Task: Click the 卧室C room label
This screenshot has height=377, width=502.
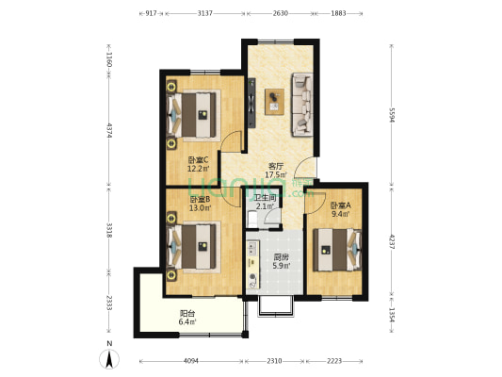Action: click(198, 159)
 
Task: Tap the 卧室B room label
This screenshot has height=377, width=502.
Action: click(200, 199)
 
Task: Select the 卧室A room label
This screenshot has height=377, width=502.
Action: click(340, 205)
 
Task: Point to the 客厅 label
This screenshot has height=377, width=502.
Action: click(276, 166)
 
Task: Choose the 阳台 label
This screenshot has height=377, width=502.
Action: click(187, 313)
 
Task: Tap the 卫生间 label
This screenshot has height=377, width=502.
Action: click(265, 198)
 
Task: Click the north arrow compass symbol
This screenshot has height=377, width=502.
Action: click(109, 359)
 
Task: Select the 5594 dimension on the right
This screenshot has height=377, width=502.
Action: click(392, 115)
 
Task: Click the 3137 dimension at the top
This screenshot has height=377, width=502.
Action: click(204, 13)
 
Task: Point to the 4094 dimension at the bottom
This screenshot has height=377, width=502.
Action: click(191, 361)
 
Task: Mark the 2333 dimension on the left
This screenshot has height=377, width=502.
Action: click(109, 303)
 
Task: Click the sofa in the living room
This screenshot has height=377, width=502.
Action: click(302, 105)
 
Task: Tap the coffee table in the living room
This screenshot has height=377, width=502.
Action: click(274, 102)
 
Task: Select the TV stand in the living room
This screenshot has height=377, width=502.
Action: click(251, 103)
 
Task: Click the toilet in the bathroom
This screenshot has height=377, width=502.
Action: click(252, 219)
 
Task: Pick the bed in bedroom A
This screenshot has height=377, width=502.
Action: click(337, 250)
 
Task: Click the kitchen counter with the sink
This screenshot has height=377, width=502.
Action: click(253, 265)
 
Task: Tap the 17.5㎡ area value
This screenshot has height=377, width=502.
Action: click(276, 175)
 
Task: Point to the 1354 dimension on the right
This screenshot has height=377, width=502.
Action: click(392, 316)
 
